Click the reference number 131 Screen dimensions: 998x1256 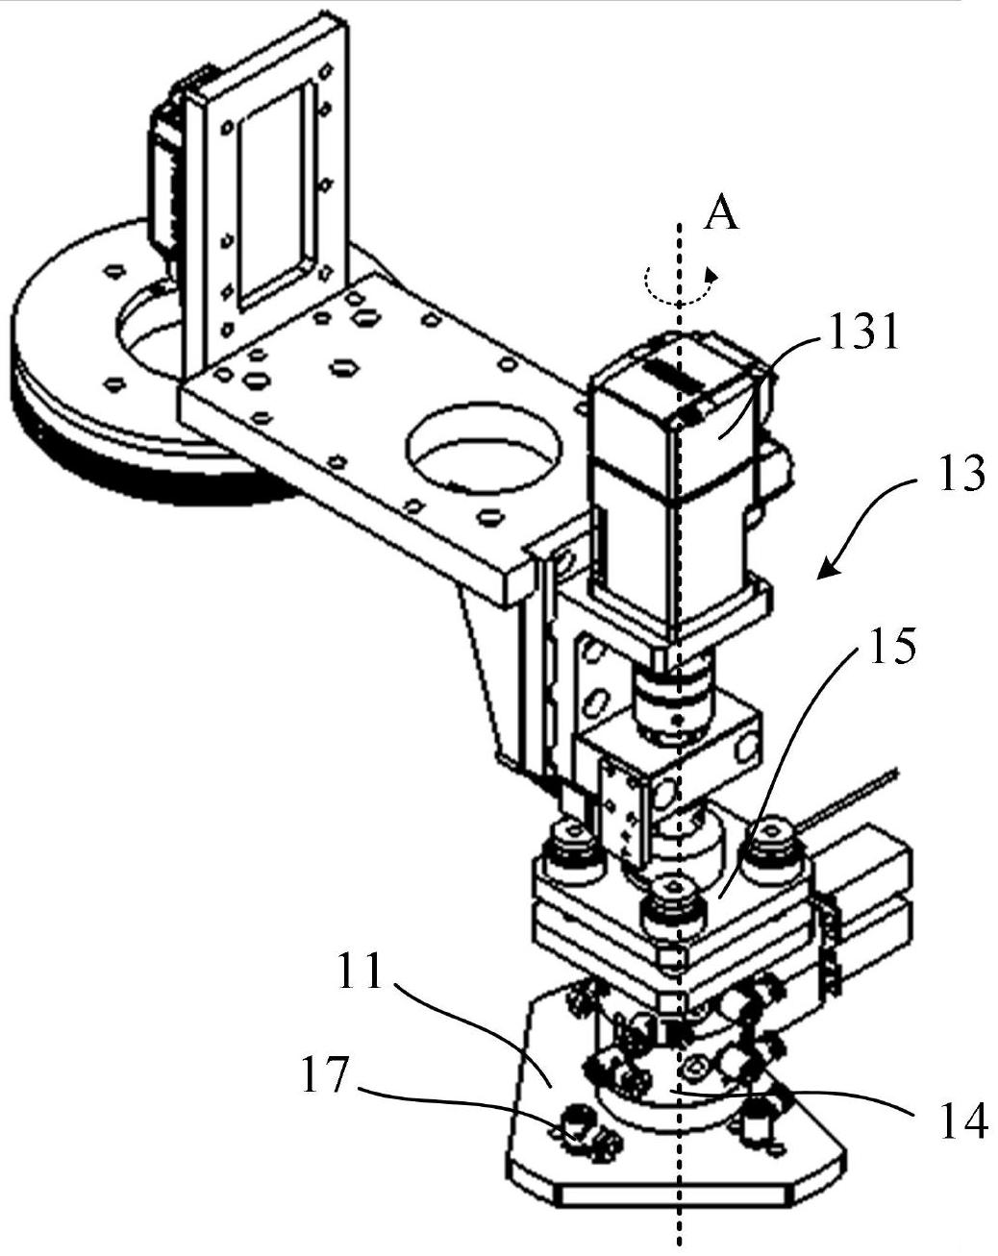point(863,331)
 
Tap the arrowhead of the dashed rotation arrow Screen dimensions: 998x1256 point(711,274)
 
